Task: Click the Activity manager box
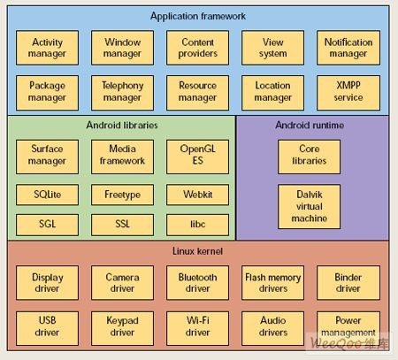[47, 48]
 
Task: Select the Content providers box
[197, 48]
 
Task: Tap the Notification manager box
[348, 48]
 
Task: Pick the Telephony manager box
[122, 93]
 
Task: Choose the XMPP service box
[348, 93]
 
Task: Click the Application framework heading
[198, 16]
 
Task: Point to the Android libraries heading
[122, 125]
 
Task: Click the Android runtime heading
[310, 125]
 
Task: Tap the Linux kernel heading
[197, 251]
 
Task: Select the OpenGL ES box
[197, 157]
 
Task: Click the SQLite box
[47, 195]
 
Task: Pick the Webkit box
[197, 195]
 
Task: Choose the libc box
[197, 225]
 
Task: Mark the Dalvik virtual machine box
[309, 206]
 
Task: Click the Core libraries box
[309, 157]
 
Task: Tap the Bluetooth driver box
[197, 283]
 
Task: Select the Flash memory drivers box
[272, 283]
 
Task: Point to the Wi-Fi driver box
[197, 328]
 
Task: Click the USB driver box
[47, 328]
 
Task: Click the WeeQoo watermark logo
[349, 343]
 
